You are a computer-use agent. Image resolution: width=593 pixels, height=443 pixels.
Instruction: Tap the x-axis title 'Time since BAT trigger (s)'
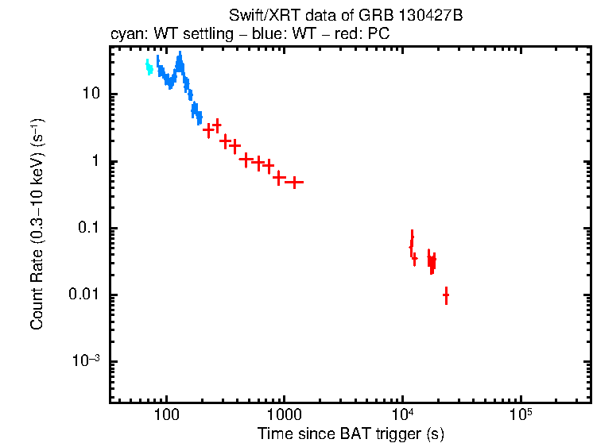[x=350, y=433]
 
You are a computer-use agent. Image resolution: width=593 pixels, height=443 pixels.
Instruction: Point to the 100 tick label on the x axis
[x=167, y=414]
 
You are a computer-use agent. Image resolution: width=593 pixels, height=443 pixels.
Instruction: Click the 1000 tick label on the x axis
[x=285, y=414]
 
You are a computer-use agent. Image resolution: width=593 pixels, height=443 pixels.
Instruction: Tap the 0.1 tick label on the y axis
[x=87, y=229]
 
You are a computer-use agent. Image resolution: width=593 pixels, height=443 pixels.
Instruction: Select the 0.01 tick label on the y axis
[x=83, y=295]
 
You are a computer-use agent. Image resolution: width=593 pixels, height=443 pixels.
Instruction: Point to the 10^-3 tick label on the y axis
[x=85, y=361]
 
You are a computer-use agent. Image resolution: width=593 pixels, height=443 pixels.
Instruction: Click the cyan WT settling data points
[x=149, y=68]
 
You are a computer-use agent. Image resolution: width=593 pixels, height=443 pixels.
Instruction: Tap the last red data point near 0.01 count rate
[x=446, y=295]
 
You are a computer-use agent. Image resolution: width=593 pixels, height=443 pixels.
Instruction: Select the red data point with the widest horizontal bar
[x=294, y=183]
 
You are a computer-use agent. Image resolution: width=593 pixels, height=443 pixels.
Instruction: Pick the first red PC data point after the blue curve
[x=208, y=129]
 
